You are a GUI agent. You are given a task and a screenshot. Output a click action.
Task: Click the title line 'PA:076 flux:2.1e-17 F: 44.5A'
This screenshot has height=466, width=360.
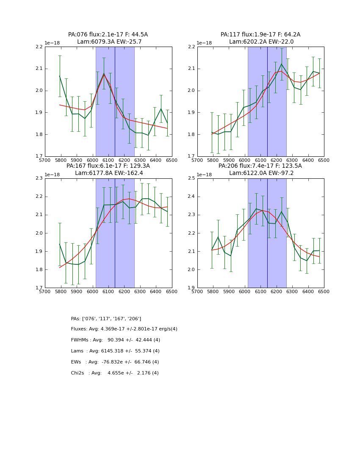point(108,35)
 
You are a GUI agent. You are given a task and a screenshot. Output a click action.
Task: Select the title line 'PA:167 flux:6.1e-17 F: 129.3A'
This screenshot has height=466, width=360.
point(108,166)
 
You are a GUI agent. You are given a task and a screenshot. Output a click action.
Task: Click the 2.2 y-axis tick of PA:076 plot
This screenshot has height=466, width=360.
point(39,47)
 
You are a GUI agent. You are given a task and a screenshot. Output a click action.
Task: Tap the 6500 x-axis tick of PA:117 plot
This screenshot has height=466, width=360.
point(324,160)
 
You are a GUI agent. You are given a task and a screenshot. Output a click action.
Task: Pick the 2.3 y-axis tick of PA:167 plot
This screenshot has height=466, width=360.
point(39,178)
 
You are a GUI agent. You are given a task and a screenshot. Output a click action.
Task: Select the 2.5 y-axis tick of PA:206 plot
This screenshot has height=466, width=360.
point(191,178)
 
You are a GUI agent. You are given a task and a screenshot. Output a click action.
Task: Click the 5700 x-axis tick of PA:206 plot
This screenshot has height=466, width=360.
point(197,291)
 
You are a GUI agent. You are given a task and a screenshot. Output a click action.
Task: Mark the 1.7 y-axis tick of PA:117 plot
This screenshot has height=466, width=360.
point(191,157)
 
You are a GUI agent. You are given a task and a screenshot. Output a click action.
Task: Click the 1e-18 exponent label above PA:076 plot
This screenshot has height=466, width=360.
point(53,43)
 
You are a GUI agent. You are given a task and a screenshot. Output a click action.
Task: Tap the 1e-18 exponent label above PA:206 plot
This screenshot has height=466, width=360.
point(205,174)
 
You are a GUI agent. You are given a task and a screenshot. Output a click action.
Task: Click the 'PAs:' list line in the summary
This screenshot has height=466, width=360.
point(106,319)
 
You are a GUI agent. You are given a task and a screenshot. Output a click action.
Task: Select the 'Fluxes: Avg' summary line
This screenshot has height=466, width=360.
point(124,329)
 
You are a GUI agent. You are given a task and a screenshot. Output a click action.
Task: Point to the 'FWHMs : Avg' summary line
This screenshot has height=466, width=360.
point(115,340)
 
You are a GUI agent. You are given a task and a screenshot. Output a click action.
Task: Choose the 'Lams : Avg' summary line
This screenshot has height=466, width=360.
point(115,351)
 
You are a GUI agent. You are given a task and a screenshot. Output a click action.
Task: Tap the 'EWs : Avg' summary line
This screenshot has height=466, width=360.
point(115,362)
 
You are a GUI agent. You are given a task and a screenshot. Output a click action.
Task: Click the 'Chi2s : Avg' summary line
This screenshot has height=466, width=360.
point(115,373)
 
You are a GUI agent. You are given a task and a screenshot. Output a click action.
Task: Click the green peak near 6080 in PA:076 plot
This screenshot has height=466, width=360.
point(104,74)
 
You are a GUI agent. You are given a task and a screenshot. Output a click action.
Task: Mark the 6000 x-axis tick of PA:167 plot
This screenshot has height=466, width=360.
point(92,291)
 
